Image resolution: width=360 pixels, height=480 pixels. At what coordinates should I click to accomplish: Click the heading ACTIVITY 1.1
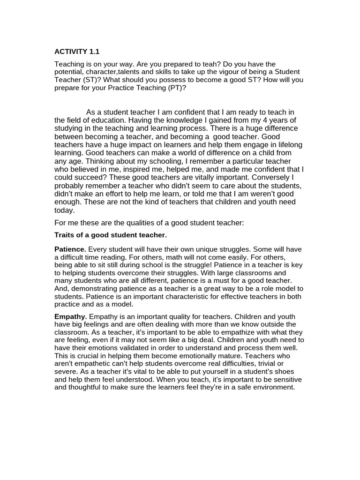tap(77, 52)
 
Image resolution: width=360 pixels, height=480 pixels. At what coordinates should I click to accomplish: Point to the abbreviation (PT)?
tap(176, 87)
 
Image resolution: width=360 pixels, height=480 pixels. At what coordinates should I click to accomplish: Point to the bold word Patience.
tap(70, 249)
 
